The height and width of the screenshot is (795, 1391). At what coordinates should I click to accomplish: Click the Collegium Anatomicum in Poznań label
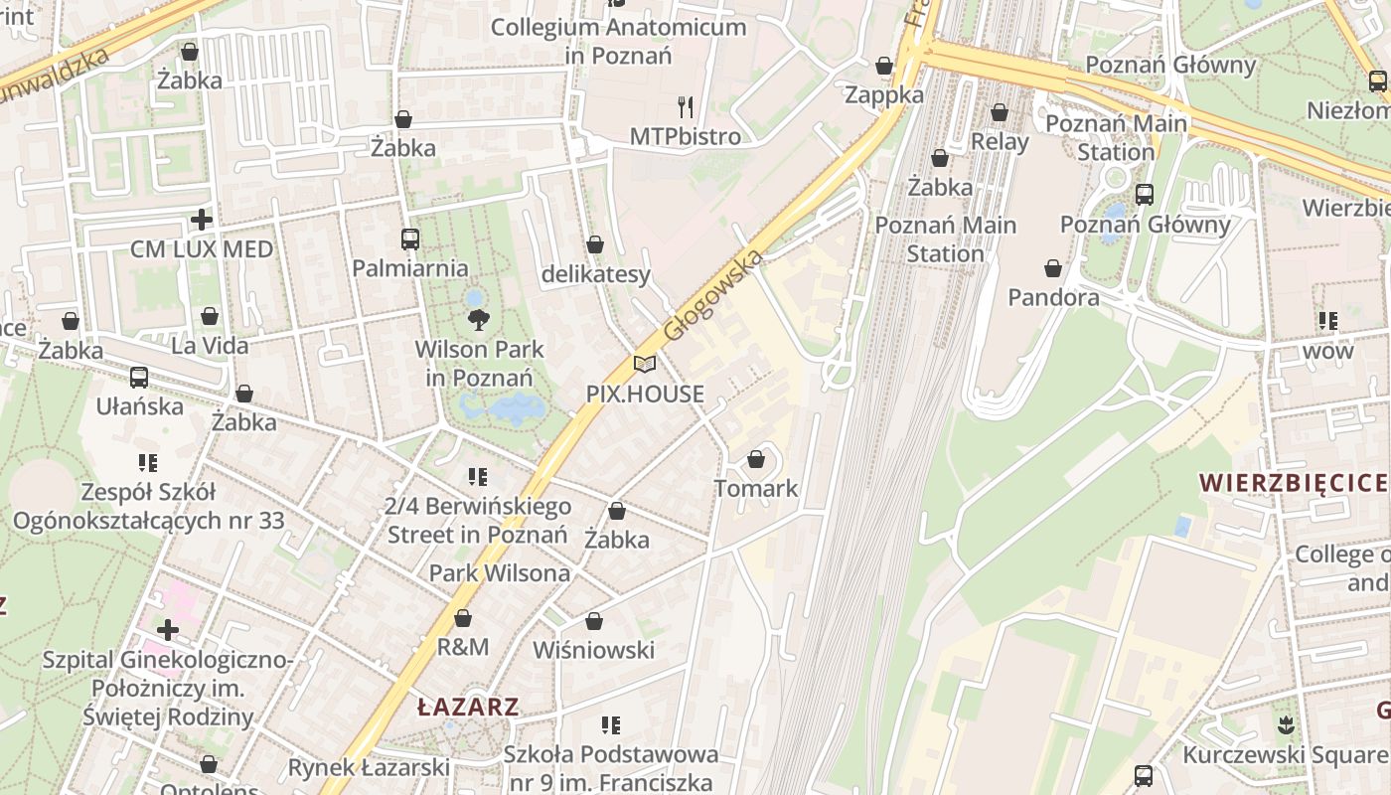pos(618,41)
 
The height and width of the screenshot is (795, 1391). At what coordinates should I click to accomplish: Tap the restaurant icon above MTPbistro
pos(686,106)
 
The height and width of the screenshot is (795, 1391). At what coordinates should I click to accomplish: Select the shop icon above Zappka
pos(884,66)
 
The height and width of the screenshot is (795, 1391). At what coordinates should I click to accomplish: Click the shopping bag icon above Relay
pos(1000,113)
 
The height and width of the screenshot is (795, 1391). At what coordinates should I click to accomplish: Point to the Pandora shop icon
pos(1053,268)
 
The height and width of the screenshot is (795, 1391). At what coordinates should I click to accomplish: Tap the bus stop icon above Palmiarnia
pos(409,239)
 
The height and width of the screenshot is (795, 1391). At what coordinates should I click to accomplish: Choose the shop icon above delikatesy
pos(595,244)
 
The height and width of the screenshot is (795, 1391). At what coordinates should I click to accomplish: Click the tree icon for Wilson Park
pos(479,319)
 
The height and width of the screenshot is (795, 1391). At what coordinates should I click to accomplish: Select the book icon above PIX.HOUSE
pos(645,364)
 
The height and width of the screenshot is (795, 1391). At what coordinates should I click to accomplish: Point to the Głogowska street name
pos(713,294)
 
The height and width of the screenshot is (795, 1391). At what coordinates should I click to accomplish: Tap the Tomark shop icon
pos(756,459)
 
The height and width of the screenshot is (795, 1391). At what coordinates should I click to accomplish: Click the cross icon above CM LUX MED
pos(202,220)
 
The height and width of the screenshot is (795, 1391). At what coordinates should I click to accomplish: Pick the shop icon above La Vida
pos(210,317)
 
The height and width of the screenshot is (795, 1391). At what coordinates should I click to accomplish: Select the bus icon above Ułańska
pos(139,378)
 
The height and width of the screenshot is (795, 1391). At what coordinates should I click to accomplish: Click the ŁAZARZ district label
pos(468,708)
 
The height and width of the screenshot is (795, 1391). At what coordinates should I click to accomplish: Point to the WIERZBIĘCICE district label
pos(1293,484)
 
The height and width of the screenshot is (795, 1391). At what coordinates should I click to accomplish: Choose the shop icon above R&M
pos(463,618)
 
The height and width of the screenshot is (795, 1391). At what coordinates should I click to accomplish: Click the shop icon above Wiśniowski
pos(594,621)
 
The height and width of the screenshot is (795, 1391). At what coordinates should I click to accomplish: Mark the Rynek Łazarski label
pos(369,767)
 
